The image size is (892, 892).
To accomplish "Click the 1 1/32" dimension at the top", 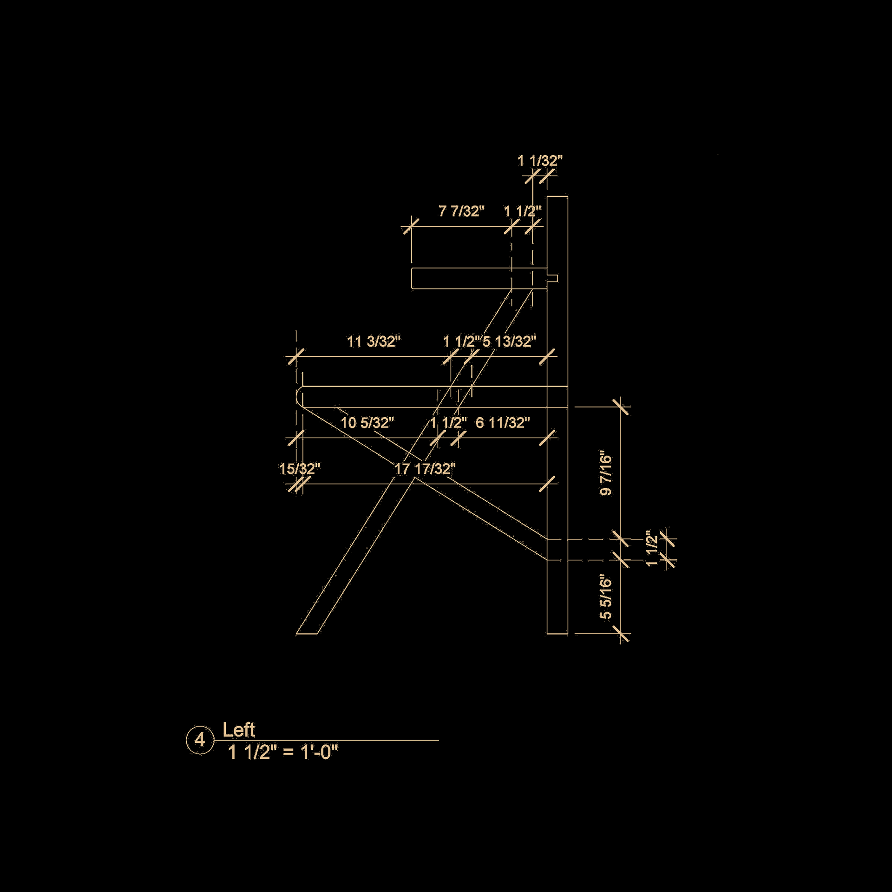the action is pyautogui.click(x=540, y=161).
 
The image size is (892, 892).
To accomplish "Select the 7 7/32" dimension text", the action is pyautogui.click(x=461, y=211).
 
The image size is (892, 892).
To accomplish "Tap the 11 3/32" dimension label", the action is pyautogui.click(x=374, y=341).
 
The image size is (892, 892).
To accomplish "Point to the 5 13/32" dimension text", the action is pyautogui.click(x=509, y=341).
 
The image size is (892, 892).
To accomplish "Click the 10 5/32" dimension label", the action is pyautogui.click(x=367, y=423).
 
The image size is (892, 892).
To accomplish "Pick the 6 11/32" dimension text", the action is pyautogui.click(x=503, y=423).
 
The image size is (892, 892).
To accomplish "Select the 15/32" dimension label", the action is pyautogui.click(x=300, y=469).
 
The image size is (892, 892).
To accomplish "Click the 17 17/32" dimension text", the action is pyautogui.click(x=425, y=469).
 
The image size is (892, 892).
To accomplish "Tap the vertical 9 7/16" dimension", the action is pyautogui.click(x=606, y=472).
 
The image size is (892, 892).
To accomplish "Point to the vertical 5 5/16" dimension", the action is pyautogui.click(x=606, y=599).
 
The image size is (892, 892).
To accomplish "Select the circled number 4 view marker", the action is pyautogui.click(x=200, y=740).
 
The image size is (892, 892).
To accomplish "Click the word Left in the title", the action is pyautogui.click(x=238, y=730).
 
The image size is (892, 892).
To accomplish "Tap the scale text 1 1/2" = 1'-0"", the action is pyautogui.click(x=283, y=752).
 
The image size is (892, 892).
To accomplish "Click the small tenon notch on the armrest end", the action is pyautogui.click(x=553, y=279).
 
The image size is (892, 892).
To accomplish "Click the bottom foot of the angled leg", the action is pyautogui.click(x=307, y=632).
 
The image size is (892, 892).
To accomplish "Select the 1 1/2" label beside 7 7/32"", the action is pyautogui.click(x=523, y=211).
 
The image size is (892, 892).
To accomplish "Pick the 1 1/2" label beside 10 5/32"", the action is pyautogui.click(x=448, y=423).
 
